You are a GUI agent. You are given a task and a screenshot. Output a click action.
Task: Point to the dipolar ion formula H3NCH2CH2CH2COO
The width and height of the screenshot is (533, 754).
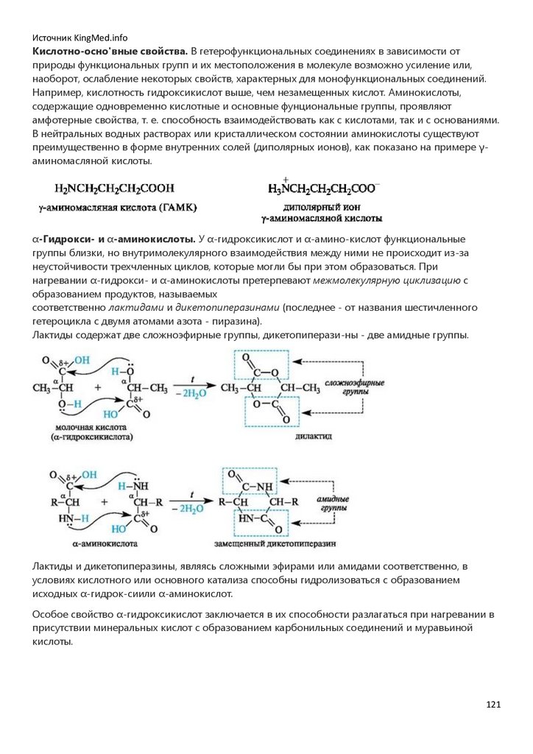[x=324, y=189]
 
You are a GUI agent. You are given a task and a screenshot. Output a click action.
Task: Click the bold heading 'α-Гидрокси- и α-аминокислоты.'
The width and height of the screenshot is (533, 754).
[x=113, y=240]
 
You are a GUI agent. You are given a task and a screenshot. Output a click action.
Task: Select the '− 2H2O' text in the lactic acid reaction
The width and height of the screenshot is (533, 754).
[x=188, y=394]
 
